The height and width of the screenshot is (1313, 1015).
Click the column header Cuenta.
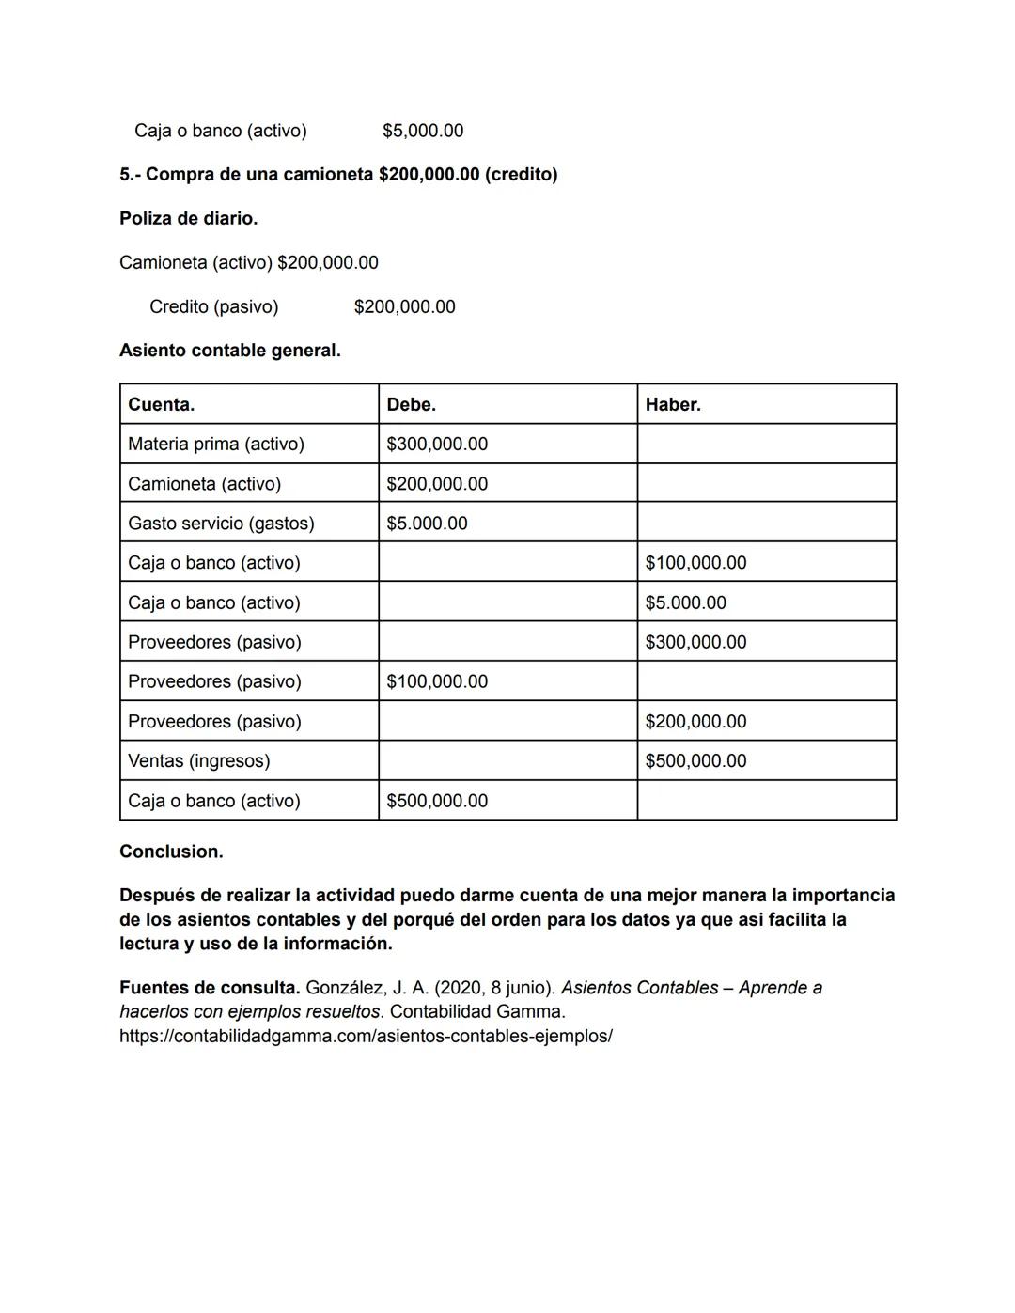[x=161, y=405]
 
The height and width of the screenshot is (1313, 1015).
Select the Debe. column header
[x=411, y=405]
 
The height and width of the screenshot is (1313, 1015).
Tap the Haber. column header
[x=672, y=405]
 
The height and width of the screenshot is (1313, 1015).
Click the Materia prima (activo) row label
[x=215, y=445]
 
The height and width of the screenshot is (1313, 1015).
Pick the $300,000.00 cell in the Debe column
[x=436, y=445]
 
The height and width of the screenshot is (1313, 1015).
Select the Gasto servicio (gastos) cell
[x=221, y=524]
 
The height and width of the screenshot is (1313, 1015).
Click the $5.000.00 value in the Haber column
[x=685, y=602]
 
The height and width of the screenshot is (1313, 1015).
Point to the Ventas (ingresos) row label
[x=198, y=761]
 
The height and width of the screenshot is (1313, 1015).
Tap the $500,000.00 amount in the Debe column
[x=436, y=801]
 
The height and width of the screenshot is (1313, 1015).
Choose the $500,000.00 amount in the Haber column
[x=695, y=761]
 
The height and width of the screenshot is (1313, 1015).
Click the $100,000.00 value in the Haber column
[x=695, y=563]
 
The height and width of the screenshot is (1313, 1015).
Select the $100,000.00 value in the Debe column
[x=436, y=681]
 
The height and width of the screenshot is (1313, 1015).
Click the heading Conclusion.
[x=171, y=852]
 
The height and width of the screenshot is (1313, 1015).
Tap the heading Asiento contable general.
[x=229, y=351]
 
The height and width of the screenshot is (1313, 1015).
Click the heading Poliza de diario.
[x=188, y=218]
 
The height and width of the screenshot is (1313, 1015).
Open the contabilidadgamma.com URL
[x=366, y=1036]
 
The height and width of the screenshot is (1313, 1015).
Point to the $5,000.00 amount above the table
[x=422, y=131]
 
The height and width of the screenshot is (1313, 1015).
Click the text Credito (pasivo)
[x=213, y=306]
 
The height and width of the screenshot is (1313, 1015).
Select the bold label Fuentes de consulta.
[x=209, y=988]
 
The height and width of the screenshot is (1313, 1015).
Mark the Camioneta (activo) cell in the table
[x=204, y=484]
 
